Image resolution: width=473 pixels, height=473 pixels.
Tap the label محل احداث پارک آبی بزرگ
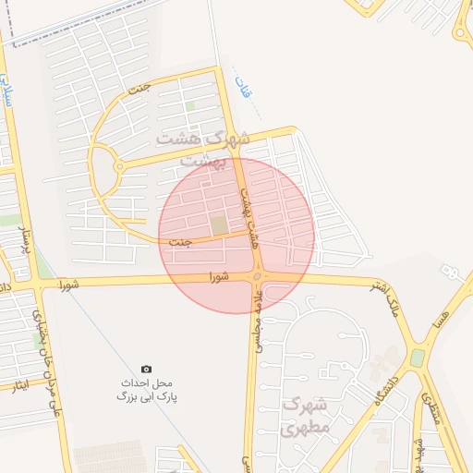coord(146,389)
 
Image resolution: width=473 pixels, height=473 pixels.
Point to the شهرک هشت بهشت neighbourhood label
coord(203,147)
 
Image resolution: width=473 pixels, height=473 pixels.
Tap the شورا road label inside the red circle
coord(218,275)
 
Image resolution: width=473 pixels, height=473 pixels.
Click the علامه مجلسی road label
coord(258,314)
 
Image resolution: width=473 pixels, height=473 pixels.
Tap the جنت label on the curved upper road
coord(139,91)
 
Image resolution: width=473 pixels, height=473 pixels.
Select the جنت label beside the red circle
coord(181,241)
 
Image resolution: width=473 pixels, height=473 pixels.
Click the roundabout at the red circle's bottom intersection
coord(258,275)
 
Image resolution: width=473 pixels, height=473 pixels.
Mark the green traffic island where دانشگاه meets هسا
coord(418,357)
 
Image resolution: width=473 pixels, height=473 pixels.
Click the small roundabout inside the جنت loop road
coord(118,166)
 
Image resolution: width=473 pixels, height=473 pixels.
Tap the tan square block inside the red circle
coord(219,225)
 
